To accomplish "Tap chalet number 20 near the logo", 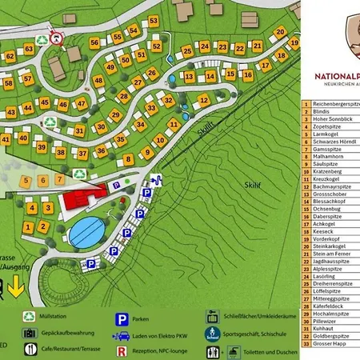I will pyautogui.click(x=280, y=33).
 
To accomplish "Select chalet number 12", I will pyautogui.click(x=204, y=101).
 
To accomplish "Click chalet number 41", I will pyautogui.click(x=6, y=139).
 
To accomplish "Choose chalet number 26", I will pyautogui.click(x=151, y=74).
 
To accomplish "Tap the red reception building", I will pyautogui.click(x=84, y=196).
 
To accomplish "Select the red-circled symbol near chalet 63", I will pyautogui.click(x=56, y=38).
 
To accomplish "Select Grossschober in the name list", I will pyautogui.click(x=330, y=193).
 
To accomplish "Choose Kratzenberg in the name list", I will pyautogui.click(x=328, y=171).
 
